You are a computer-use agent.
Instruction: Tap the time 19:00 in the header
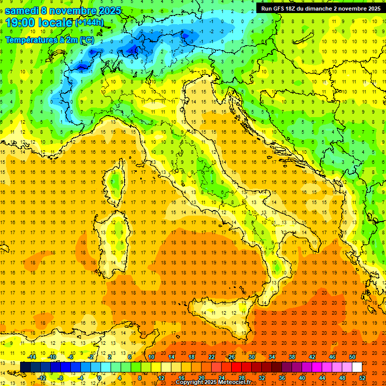(x=22, y=23)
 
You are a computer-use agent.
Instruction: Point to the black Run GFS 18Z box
(x=320, y=9)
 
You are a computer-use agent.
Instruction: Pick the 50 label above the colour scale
(x=352, y=357)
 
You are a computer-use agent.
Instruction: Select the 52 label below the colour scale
(x=362, y=377)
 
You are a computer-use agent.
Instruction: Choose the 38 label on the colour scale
(x=292, y=357)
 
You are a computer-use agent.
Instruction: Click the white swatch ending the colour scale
(x=357, y=367)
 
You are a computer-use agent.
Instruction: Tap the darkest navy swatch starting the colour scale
(x=25, y=367)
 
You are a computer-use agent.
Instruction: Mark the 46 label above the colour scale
(x=332, y=357)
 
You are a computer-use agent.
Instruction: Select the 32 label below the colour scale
(x=262, y=377)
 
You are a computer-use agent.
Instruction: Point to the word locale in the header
(x=56, y=23)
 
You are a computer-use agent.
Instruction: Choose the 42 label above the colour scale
(x=312, y=357)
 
